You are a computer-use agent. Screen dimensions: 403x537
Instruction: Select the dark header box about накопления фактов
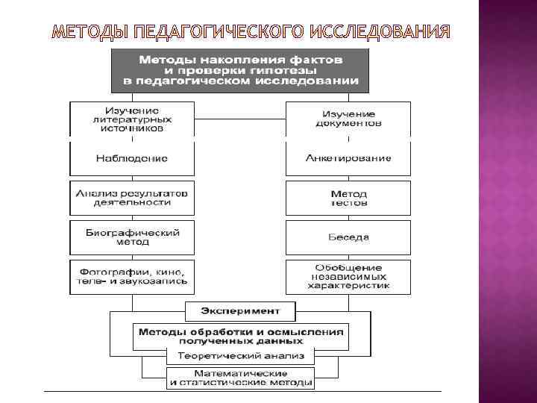pyautogui.click(x=240, y=69)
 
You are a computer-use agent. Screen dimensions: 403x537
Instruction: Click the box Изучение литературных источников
pyautogui.click(x=132, y=119)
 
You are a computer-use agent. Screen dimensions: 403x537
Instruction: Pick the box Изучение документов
pyautogui.click(x=348, y=119)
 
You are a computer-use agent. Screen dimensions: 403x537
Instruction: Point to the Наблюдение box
pyautogui.click(x=132, y=158)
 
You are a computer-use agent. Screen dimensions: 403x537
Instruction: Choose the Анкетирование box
pyautogui.click(x=348, y=158)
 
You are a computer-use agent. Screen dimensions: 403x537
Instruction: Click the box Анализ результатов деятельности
pyautogui.click(x=132, y=198)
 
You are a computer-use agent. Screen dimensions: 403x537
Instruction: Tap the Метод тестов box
pyautogui.click(x=348, y=198)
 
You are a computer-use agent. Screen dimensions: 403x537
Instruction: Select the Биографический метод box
pyautogui.click(x=132, y=237)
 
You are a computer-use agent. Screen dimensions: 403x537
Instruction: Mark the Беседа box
pyautogui.click(x=348, y=237)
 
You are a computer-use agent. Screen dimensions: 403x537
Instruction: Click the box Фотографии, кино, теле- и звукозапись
pyautogui.click(x=132, y=277)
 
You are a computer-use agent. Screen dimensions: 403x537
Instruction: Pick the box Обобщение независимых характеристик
pyautogui.click(x=348, y=277)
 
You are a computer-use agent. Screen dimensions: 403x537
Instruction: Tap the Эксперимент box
pyautogui.click(x=240, y=310)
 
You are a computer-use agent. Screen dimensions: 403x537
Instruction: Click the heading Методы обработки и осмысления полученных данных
pyautogui.click(x=240, y=335)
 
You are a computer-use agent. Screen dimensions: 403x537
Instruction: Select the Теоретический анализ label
pyautogui.click(x=240, y=356)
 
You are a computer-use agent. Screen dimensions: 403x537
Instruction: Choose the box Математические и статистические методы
pyautogui.click(x=240, y=378)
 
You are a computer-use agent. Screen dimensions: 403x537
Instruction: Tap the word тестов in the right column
pyautogui.click(x=348, y=203)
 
